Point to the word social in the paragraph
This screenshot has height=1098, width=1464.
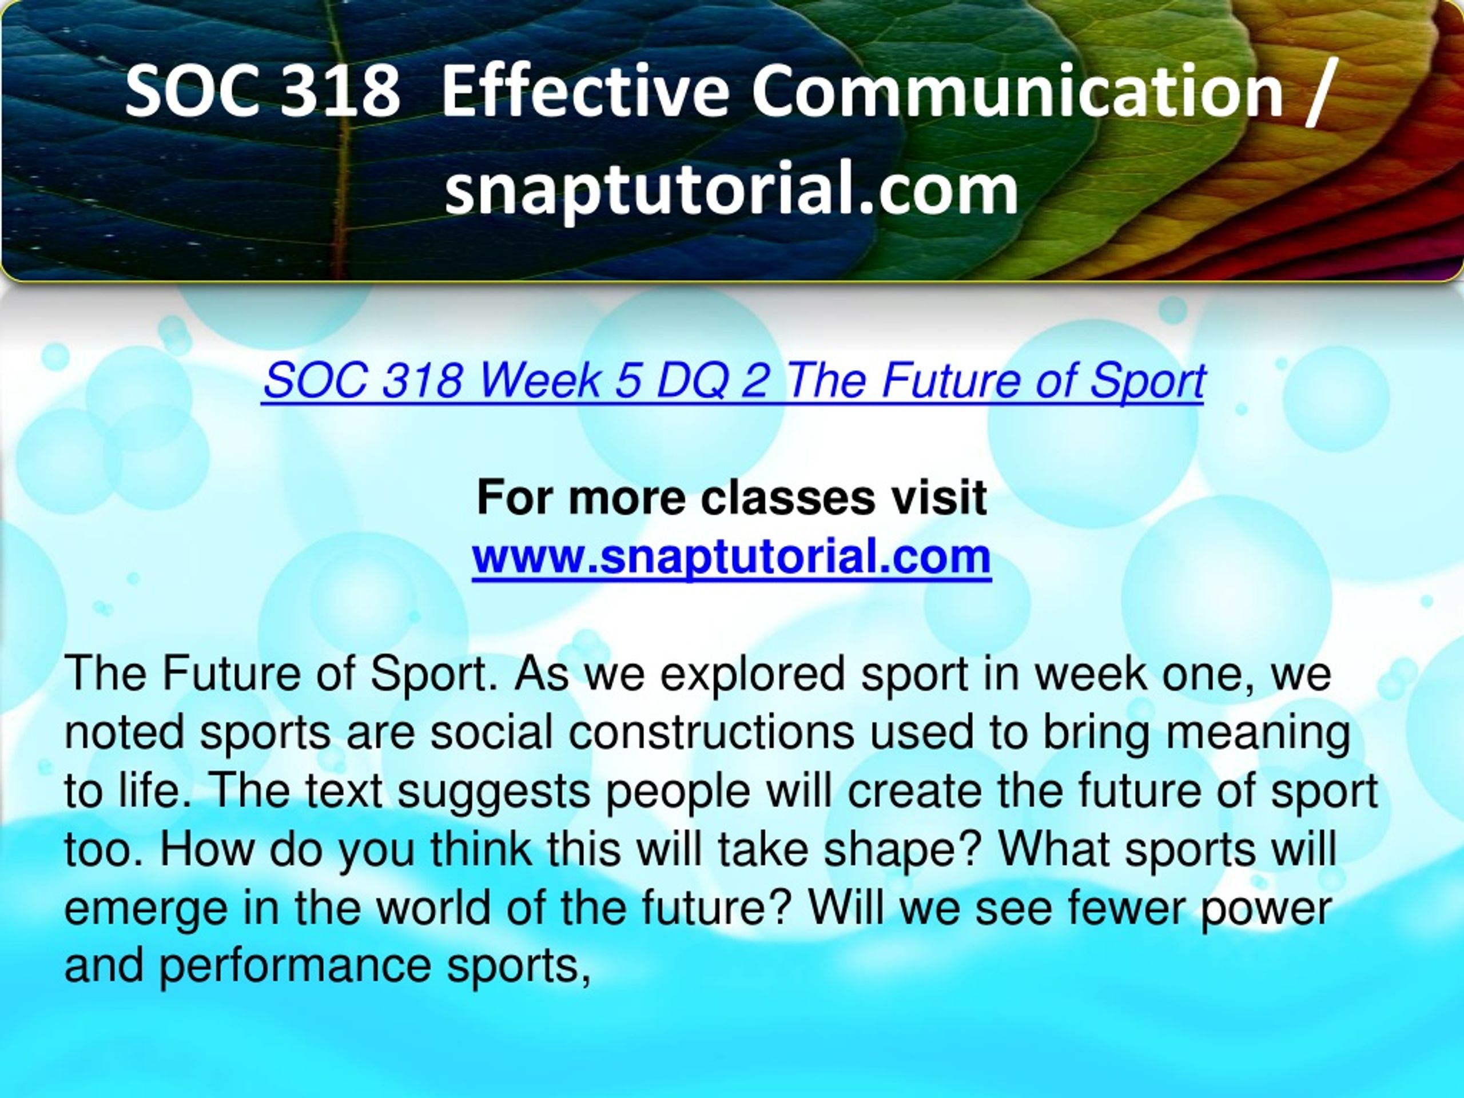[492, 733]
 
